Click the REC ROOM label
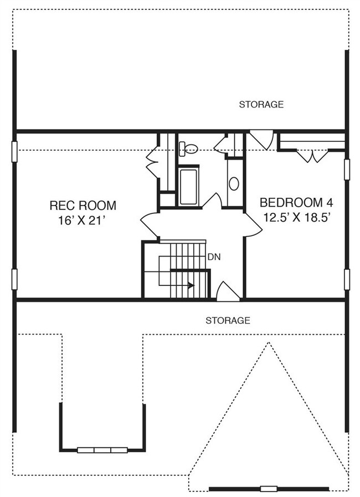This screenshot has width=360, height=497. [83, 206]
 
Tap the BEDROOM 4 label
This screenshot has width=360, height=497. [296, 202]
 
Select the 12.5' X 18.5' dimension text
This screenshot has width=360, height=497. [297, 217]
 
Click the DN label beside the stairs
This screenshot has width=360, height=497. [214, 257]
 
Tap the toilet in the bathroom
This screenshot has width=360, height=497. [188, 148]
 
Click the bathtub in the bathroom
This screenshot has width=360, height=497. [188, 187]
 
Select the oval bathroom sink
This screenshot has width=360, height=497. [234, 183]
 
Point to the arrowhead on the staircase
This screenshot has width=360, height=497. [191, 285]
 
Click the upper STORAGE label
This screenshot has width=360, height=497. [261, 104]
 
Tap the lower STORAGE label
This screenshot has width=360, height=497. [228, 320]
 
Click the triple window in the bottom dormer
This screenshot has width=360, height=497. [102, 450]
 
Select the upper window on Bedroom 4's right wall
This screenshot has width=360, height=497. [347, 170]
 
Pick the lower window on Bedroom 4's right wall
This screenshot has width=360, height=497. [347, 279]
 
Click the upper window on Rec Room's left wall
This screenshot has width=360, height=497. [14, 151]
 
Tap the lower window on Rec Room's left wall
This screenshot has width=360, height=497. [14, 279]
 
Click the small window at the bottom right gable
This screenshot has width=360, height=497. [269, 489]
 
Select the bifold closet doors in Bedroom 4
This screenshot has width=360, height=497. [312, 156]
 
